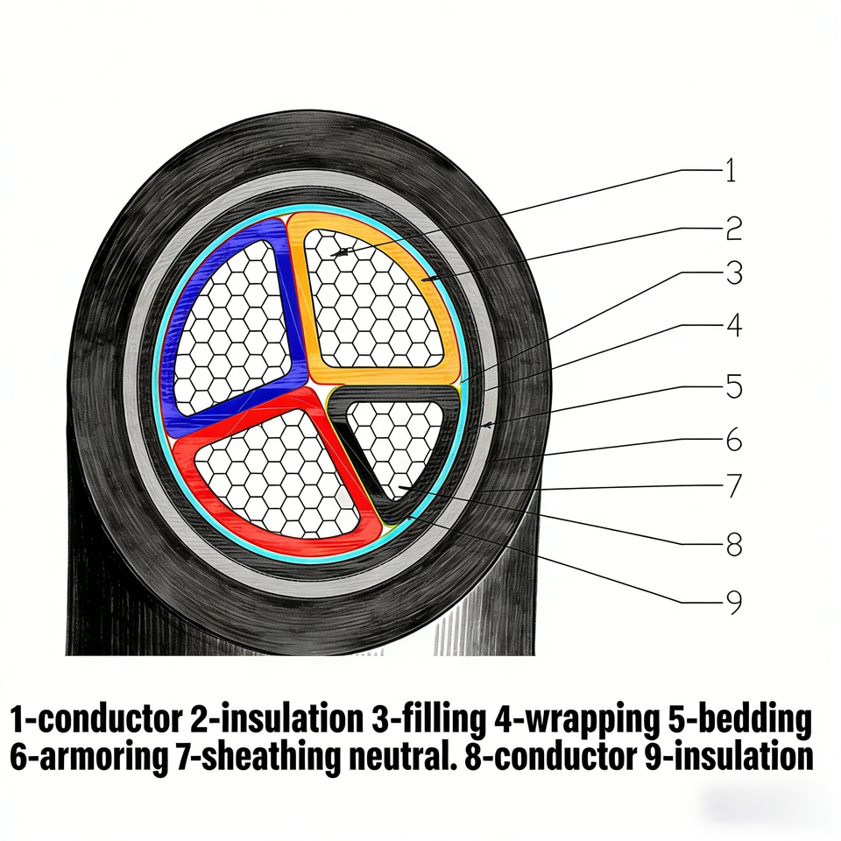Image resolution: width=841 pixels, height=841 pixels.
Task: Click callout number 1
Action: click(x=730, y=170)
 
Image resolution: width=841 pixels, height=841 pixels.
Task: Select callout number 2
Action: click(x=733, y=228)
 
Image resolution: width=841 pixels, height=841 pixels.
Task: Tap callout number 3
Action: click(x=733, y=273)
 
